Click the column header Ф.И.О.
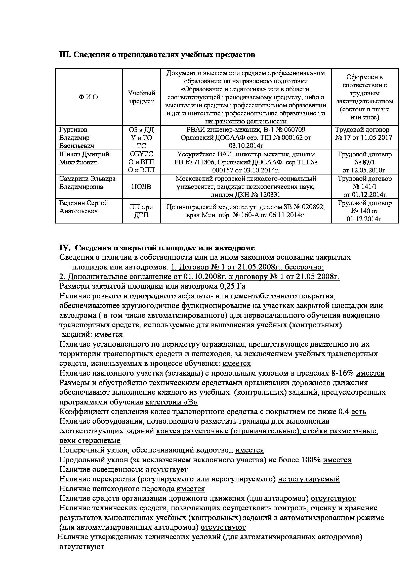[x=89, y=97]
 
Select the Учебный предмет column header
[x=141, y=97]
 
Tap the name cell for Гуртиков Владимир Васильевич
[x=77, y=138]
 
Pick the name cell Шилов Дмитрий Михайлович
[x=84, y=158]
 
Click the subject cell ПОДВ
[x=141, y=187]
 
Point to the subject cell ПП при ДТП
[x=141, y=211]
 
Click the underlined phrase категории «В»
[x=171, y=402]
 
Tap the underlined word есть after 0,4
[x=358, y=412]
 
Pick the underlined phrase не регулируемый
[x=309, y=479]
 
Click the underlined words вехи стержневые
[x=90, y=440]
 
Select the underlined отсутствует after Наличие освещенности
[x=167, y=469]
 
